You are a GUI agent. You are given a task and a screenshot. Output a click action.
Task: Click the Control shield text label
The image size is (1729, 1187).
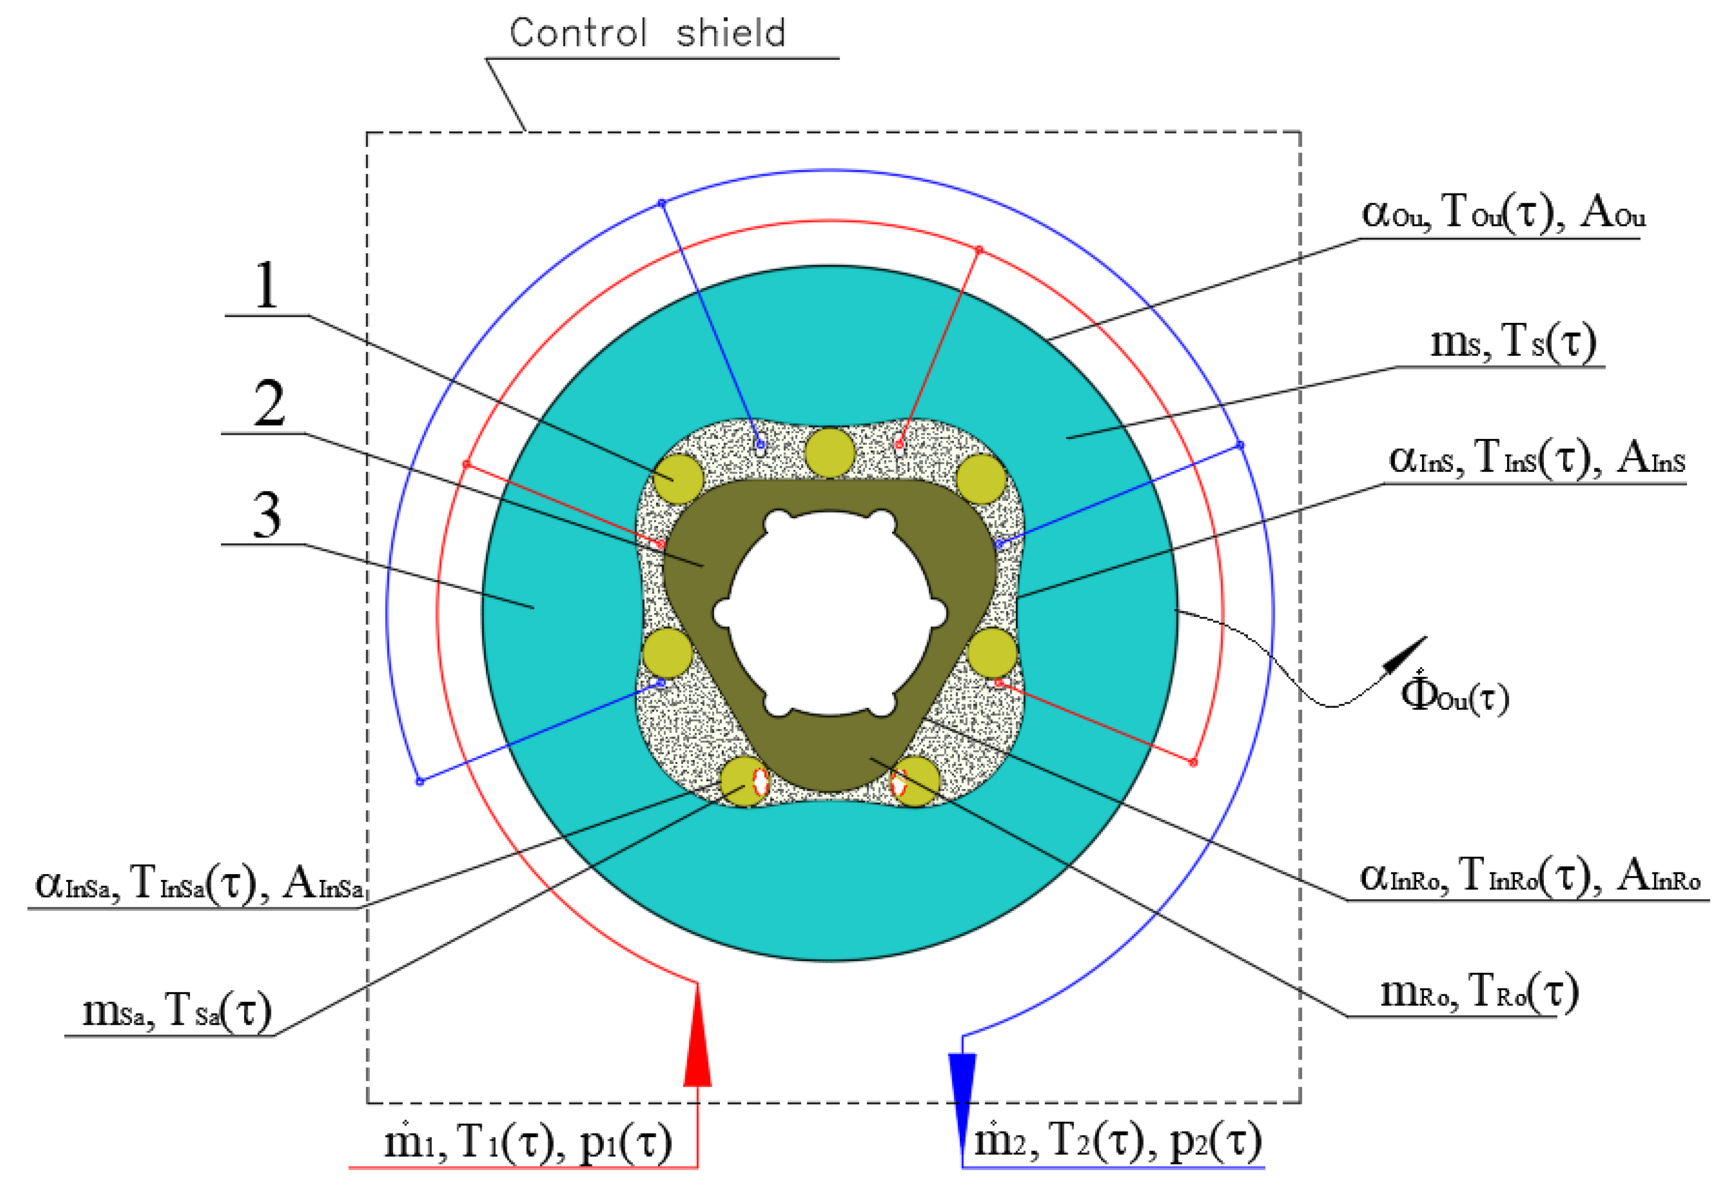647,34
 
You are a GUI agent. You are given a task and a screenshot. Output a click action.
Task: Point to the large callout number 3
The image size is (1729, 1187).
267,515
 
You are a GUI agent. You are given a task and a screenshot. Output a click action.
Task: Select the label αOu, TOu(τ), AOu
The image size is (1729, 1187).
1503,214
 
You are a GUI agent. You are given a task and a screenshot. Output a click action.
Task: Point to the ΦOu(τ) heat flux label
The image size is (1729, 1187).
1455,695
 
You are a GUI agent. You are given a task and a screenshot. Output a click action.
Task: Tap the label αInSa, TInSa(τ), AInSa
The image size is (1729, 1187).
199,884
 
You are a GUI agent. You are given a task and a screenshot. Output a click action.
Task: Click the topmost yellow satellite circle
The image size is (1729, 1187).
830,451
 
